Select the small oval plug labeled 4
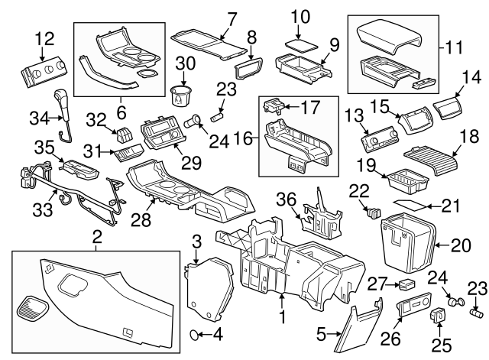[196, 334]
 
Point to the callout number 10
[301, 15]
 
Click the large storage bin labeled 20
[404, 243]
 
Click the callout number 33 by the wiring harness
[36, 209]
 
